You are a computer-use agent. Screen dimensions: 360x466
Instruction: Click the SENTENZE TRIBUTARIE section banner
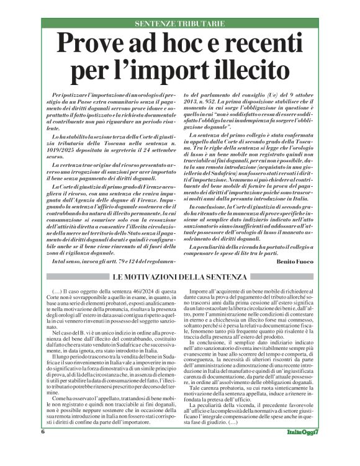tap(179, 24)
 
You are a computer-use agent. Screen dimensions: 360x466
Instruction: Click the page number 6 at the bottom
tap(43, 448)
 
